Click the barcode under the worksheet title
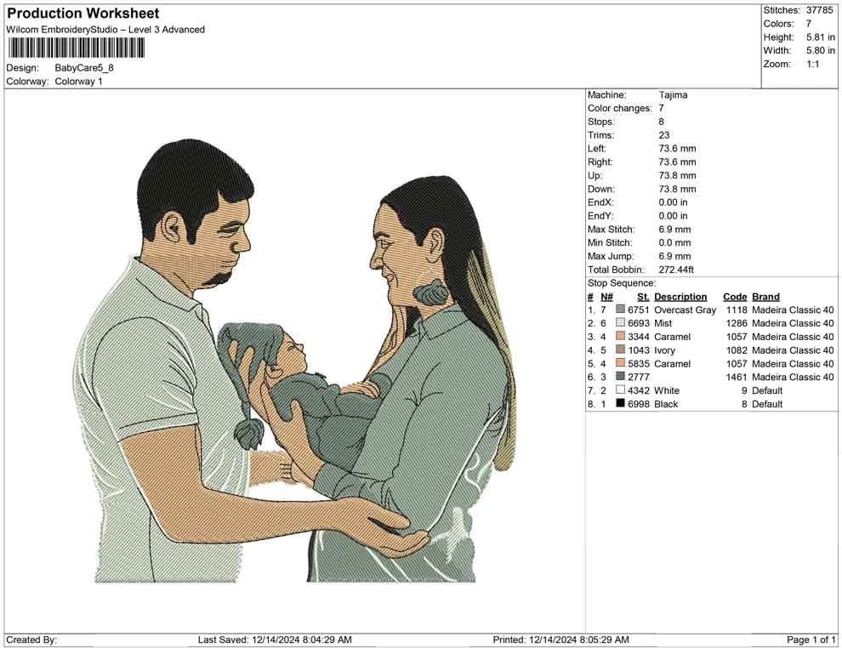pyautogui.click(x=76, y=48)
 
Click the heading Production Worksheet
pyautogui.click(x=83, y=14)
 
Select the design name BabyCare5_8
pyautogui.click(x=84, y=68)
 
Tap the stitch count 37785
pyautogui.click(x=819, y=10)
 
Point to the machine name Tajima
pyautogui.click(x=673, y=95)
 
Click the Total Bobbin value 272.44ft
pyautogui.click(x=676, y=270)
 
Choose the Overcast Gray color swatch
pyautogui.click(x=620, y=310)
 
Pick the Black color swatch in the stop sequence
pyautogui.click(x=620, y=404)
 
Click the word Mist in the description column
pyautogui.click(x=663, y=323)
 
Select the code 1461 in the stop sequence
pyautogui.click(x=737, y=377)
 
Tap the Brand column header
pyautogui.click(x=765, y=297)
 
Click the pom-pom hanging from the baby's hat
pyautogui.click(x=248, y=434)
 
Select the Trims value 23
pyautogui.click(x=664, y=135)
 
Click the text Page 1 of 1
pyautogui.click(x=811, y=639)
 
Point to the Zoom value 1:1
pyautogui.click(x=812, y=64)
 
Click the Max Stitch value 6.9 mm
pyautogui.click(x=675, y=230)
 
